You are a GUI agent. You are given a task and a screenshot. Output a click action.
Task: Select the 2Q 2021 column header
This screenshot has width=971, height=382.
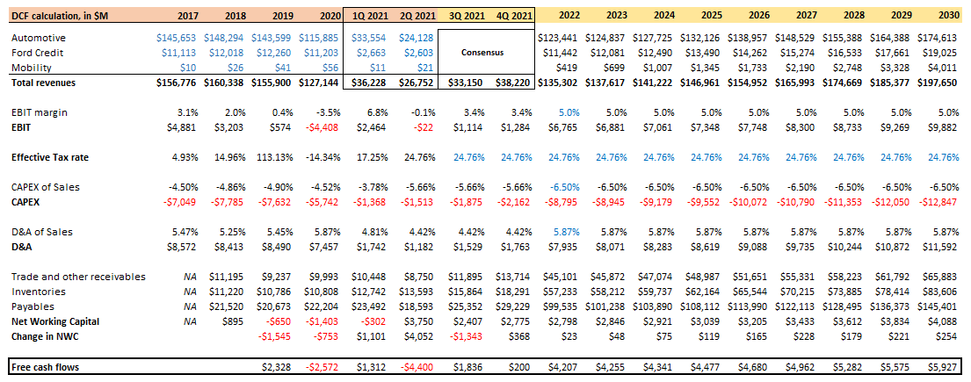416,15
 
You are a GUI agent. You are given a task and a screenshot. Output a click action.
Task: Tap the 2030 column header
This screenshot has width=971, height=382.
947,15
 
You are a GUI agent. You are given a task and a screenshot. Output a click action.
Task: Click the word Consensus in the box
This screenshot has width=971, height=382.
484,52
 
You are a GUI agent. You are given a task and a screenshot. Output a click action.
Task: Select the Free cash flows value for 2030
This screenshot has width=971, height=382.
945,365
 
